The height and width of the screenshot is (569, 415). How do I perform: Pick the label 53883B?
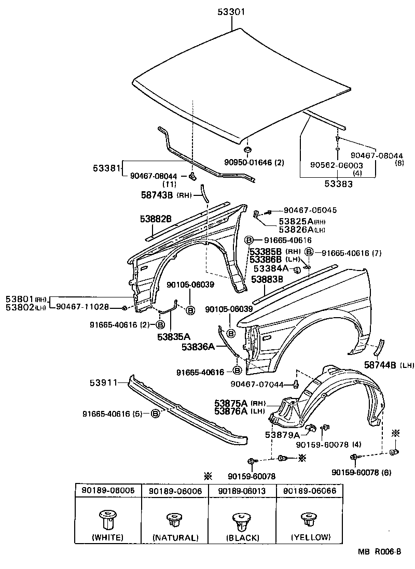coord(267,279)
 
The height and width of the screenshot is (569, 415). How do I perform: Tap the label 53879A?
coord(282,435)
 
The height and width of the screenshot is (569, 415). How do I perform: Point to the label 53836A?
coord(198,347)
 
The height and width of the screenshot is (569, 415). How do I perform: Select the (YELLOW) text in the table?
coord(311,537)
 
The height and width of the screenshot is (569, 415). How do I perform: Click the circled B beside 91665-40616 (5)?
coord(155,414)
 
